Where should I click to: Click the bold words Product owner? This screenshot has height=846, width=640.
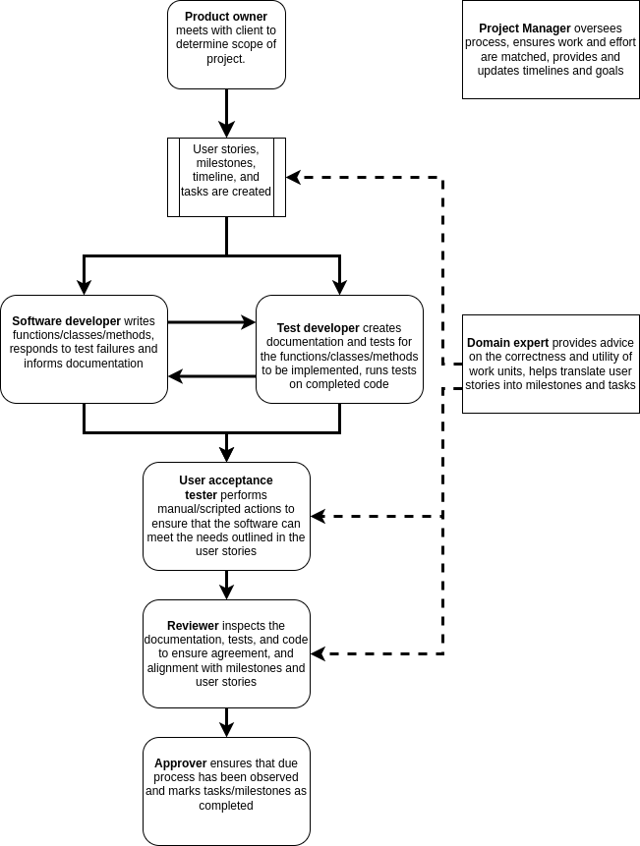[x=226, y=17]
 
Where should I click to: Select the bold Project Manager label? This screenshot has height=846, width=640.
[x=524, y=28]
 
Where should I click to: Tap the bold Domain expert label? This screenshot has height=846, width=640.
[x=507, y=343]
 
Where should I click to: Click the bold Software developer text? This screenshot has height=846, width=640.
[x=66, y=321]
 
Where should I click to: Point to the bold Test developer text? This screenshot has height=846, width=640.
[x=318, y=328]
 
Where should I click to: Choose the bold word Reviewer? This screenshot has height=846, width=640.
[x=193, y=626]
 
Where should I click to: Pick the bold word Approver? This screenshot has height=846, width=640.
[x=180, y=763]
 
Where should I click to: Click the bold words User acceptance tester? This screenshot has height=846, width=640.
[x=225, y=487]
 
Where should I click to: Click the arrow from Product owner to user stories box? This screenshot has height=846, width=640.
[x=226, y=113]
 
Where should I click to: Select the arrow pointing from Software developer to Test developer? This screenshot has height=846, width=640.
[x=211, y=321]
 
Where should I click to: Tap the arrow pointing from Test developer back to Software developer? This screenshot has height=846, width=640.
[x=211, y=376]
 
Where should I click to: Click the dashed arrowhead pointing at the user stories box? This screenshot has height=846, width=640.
[x=293, y=178]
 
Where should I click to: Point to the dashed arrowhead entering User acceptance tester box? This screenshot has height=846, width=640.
[x=318, y=516]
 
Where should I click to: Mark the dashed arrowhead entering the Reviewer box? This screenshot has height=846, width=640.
[x=318, y=653]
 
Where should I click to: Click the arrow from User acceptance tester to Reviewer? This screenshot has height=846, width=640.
[x=226, y=585]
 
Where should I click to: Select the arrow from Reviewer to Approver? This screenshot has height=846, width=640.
[x=226, y=722]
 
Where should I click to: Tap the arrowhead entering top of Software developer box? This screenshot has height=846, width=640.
[x=84, y=287]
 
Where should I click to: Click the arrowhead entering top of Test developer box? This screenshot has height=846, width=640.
[x=339, y=287]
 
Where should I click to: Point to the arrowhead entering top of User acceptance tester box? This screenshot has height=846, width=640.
[x=226, y=454]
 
